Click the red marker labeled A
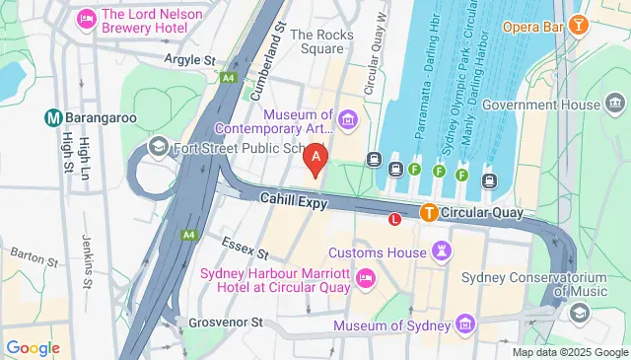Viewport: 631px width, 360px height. [315, 156]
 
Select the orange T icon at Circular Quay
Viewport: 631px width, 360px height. [429, 212]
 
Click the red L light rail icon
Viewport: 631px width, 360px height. [396, 220]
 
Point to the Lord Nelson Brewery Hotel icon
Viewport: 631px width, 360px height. [86, 18]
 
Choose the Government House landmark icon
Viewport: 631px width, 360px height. [616, 105]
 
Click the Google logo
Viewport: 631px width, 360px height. [34, 347]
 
